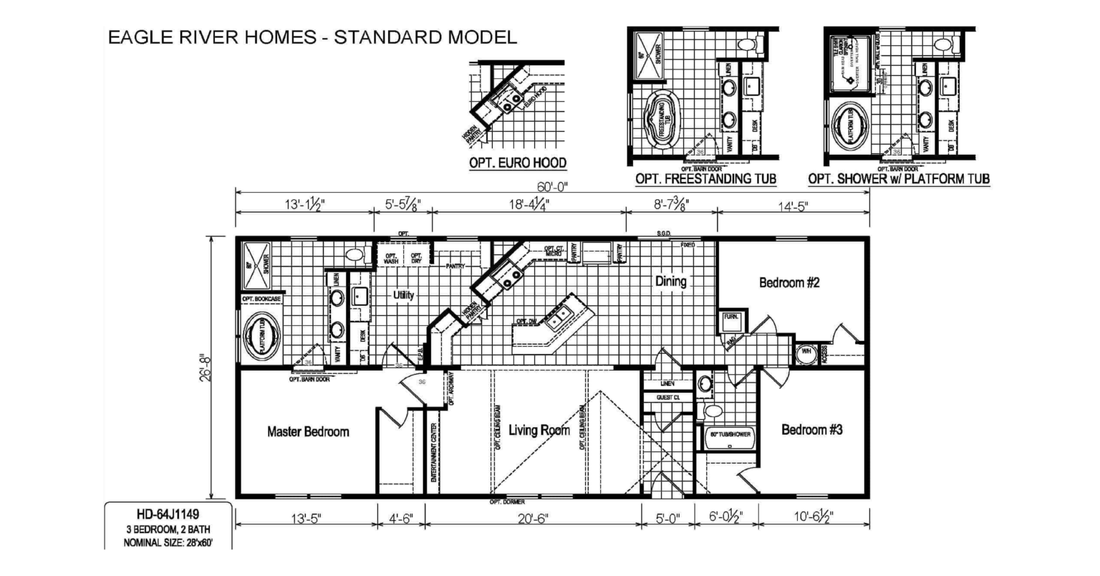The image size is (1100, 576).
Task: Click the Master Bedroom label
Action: click(308, 431)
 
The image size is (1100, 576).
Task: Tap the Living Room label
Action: click(539, 430)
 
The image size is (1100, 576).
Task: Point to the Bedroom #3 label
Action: click(811, 430)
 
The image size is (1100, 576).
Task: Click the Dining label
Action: click(671, 282)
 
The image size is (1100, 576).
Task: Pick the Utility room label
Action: click(403, 294)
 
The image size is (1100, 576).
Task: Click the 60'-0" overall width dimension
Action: click(552, 187)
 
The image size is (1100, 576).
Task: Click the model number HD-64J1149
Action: click(168, 514)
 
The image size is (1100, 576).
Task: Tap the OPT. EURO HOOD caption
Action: click(518, 163)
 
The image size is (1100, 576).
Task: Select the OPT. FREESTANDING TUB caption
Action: click(705, 178)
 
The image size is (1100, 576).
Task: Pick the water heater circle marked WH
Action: click(805, 352)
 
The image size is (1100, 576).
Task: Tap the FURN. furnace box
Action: click(731, 321)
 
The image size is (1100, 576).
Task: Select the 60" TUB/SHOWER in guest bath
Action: click(730, 436)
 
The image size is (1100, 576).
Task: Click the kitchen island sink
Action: click(559, 320)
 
